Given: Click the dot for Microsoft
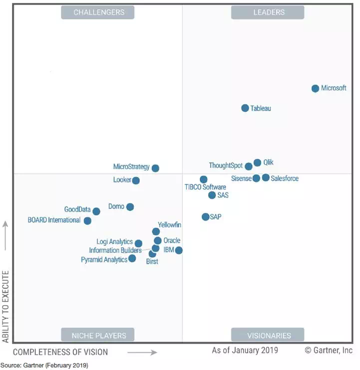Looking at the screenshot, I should (x=315, y=88).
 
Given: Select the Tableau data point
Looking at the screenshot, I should (x=245, y=108).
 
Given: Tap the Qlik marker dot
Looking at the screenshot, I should (x=257, y=163).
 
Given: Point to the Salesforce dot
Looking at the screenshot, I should (x=266, y=178).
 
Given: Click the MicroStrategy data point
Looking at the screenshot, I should (x=155, y=168).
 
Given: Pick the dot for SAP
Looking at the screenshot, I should (x=205, y=216).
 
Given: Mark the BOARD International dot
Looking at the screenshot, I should (x=87, y=220).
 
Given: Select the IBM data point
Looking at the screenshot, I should (x=179, y=250).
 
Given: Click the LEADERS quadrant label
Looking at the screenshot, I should (x=269, y=12).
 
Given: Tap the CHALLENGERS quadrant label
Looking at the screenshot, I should (x=99, y=12).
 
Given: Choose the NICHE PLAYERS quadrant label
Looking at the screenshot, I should (x=99, y=335).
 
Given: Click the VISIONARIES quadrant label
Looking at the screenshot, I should (x=269, y=335).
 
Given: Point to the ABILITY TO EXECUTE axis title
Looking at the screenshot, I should (x=6, y=306).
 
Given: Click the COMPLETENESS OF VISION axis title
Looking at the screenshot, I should (x=60, y=352).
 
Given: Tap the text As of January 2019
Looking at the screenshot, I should (x=245, y=350).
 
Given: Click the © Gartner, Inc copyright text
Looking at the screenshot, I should (x=329, y=350).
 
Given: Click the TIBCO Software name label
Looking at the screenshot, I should (x=205, y=187).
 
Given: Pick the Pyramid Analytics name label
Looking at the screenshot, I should (x=104, y=260).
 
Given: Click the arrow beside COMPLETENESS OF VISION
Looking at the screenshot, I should (x=142, y=352).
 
